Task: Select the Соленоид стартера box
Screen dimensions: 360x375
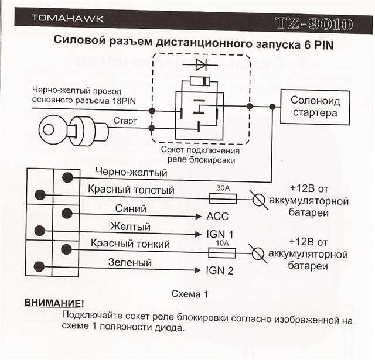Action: (315, 107)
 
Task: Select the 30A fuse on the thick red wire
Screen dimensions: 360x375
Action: (222, 199)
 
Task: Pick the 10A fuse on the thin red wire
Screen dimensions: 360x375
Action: (222, 253)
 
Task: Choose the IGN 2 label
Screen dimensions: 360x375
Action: (220, 270)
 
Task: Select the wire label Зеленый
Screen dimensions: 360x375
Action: (129, 263)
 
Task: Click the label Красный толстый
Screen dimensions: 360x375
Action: (131, 190)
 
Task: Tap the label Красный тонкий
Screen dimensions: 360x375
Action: (129, 244)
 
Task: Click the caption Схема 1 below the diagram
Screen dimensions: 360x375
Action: (190, 293)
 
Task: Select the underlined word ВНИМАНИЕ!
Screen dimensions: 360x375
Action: (54, 304)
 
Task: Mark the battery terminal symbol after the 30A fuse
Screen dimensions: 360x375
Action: (256, 199)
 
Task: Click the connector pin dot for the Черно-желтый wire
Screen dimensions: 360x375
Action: (68, 177)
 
